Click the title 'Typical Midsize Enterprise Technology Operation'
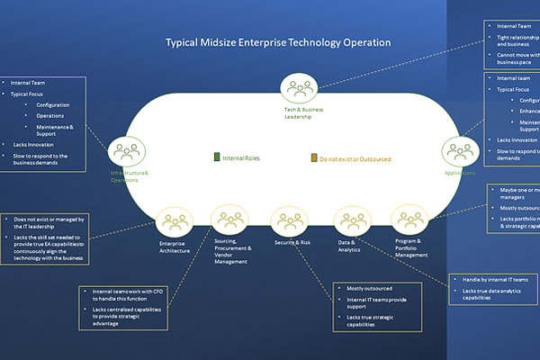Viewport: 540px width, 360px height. [277, 42]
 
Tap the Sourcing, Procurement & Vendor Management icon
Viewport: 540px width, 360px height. [229, 219]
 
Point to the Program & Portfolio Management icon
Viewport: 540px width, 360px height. [408, 220]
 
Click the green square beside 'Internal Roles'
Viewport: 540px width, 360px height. [216, 157]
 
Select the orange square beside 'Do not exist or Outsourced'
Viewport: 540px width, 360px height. [314, 157]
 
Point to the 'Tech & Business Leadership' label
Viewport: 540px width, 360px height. [297, 112]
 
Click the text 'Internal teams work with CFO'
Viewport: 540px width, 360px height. [126, 293]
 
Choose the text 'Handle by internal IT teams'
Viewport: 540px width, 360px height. [495, 279]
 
